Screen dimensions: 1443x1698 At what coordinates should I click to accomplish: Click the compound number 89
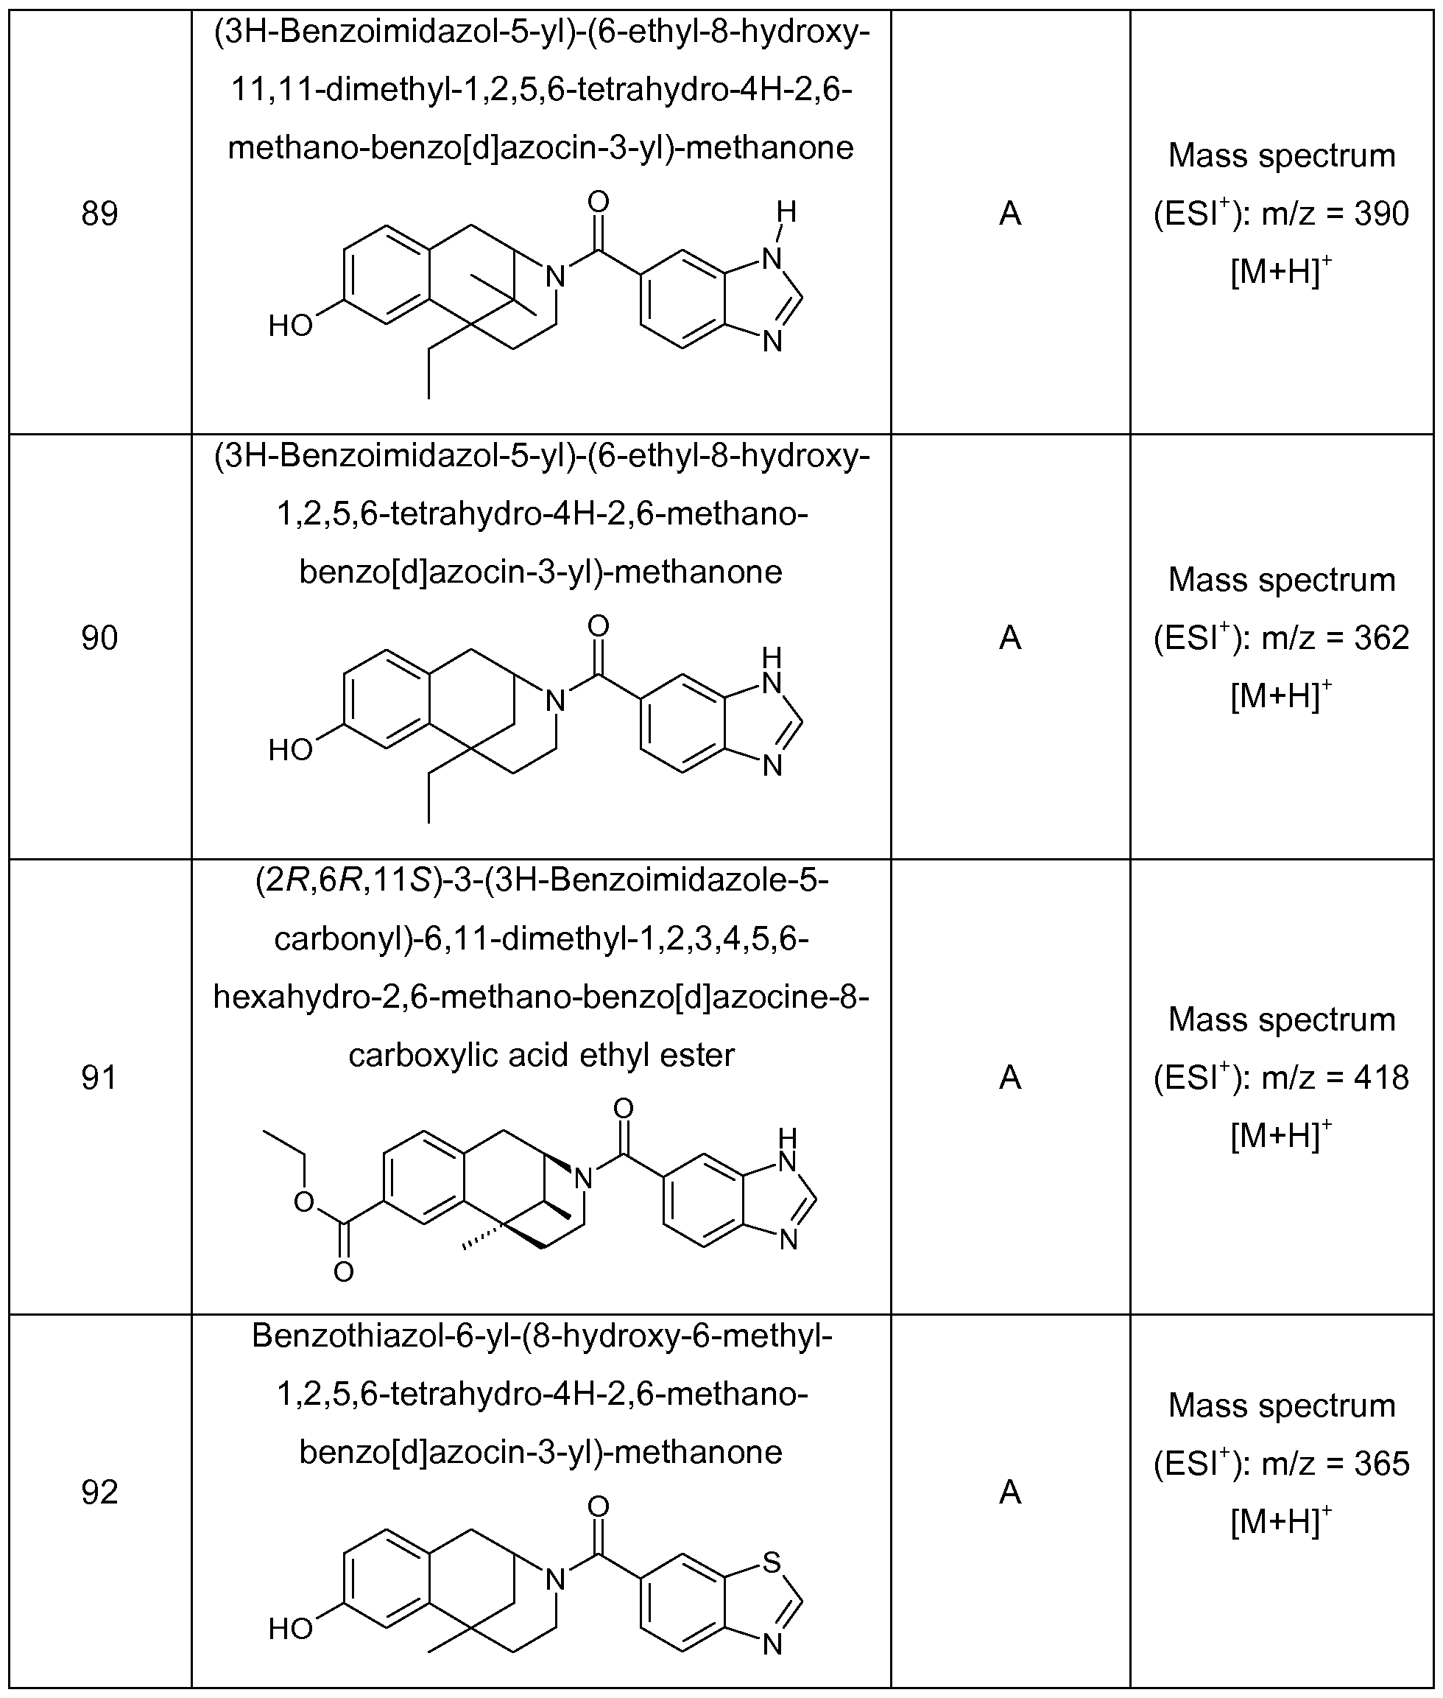[100, 214]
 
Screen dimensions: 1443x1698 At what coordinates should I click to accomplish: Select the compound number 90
[100, 637]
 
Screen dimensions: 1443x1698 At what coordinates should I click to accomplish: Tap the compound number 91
[100, 1078]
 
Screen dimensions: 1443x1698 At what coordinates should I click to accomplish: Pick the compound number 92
[100, 1492]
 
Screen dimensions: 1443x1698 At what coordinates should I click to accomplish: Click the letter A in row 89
[1010, 214]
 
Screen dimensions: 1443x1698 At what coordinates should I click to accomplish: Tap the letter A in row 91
[1010, 1078]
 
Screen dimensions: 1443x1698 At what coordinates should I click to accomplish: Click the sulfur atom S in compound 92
[772, 1562]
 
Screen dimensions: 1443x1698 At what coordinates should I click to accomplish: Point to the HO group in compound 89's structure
[290, 326]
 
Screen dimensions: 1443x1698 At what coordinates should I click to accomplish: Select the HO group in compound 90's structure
[290, 750]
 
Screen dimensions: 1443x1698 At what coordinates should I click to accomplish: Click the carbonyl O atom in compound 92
[598, 1506]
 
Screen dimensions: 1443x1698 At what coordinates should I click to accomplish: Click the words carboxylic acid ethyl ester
[542, 1055]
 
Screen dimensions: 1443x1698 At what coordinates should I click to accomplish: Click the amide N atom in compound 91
[582, 1179]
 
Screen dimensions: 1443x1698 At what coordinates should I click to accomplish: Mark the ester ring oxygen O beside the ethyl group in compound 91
[304, 1201]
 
